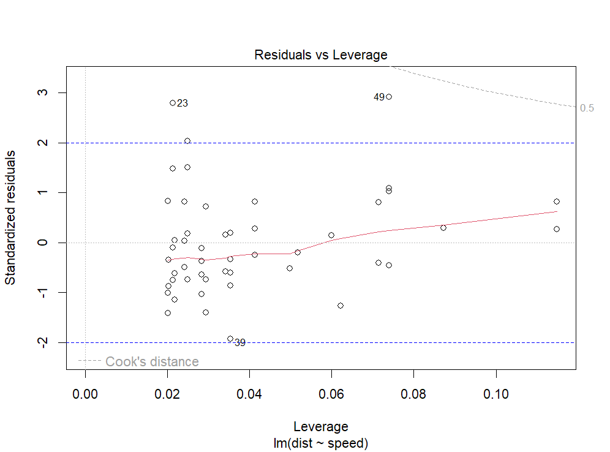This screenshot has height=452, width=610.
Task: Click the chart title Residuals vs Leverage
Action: (321, 55)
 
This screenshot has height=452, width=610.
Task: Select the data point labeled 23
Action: (173, 103)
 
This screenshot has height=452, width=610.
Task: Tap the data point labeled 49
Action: (389, 97)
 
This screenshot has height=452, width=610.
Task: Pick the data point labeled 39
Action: (230, 339)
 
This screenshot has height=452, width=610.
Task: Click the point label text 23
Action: (183, 104)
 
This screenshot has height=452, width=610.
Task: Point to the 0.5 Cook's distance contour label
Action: (587, 108)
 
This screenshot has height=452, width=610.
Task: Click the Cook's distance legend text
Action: (152, 362)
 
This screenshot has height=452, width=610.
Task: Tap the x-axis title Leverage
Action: (321, 427)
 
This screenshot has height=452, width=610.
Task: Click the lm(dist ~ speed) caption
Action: (321, 442)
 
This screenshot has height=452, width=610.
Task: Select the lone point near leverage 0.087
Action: (443, 228)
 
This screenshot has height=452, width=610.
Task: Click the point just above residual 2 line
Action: (187, 141)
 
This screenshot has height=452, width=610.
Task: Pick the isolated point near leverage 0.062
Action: (341, 306)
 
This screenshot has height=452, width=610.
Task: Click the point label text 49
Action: (379, 97)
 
